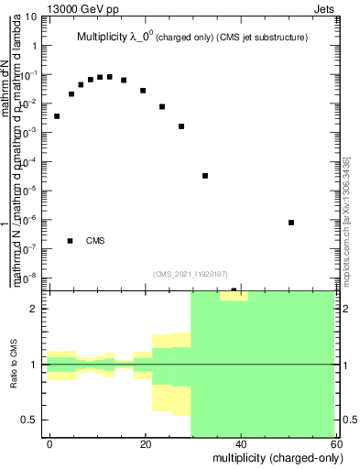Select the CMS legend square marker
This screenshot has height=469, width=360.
pyautogui.click(x=70, y=241)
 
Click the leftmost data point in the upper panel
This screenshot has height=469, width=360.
pyautogui.click(x=57, y=116)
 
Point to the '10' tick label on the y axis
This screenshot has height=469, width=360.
pyautogui.click(x=31, y=17)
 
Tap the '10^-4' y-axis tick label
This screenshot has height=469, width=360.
pyautogui.click(x=29, y=161)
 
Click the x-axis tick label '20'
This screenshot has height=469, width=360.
pyautogui.click(x=146, y=443)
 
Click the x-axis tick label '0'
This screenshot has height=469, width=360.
pyautogui.click(x=50, y=443)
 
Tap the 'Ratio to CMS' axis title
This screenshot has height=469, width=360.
pyautogui.click(x=14, y=364)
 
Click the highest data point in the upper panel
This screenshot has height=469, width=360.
pyautogui.click(x=109, y=77)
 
